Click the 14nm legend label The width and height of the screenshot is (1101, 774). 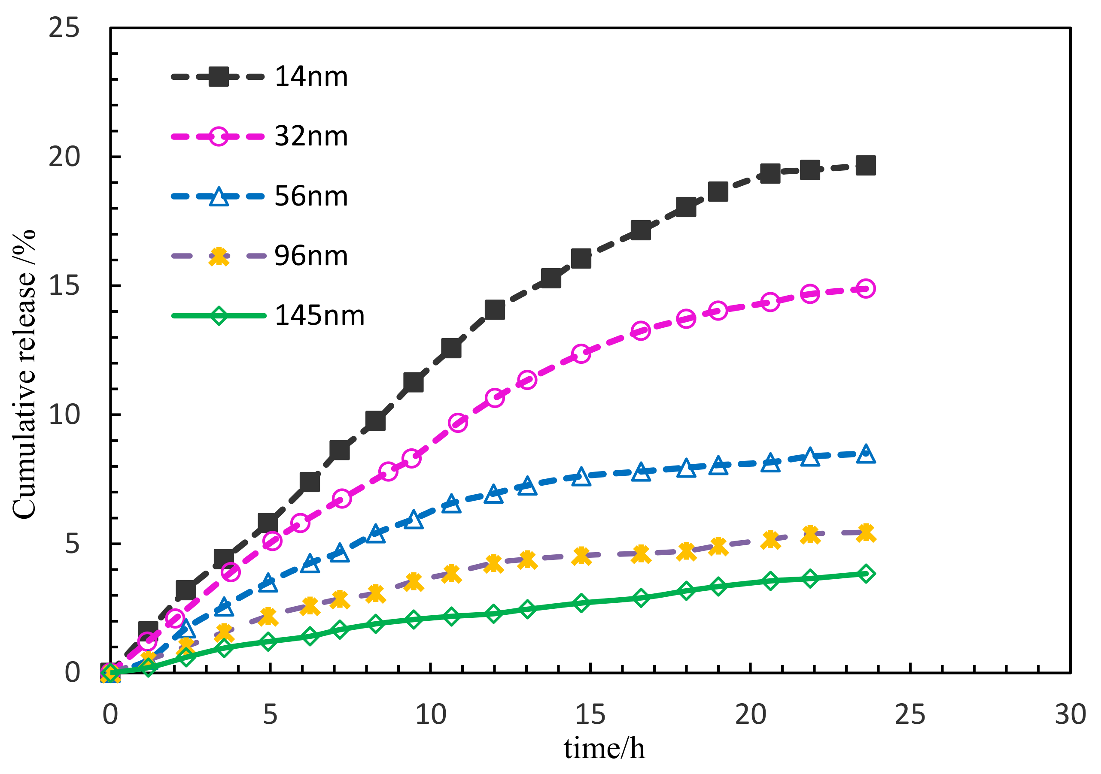tap(311, 77)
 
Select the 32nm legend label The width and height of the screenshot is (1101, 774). tap(311, 136)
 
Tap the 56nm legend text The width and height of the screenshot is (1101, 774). tap(311, 197)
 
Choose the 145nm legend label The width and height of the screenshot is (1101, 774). tap(319, 316)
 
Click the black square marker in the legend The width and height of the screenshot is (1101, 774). tap(219, 77)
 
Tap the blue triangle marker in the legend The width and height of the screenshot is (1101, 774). tap(219, 197)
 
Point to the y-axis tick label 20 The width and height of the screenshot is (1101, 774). tap(64, 157)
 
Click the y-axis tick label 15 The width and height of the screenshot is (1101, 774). tap(64, 286)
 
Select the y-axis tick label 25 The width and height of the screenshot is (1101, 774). tap(64, 28)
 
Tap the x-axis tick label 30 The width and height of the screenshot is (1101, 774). tap(1070, 714)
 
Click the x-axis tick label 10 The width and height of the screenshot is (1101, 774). tap(430, 714)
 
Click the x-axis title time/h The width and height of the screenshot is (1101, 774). tap(604, 749)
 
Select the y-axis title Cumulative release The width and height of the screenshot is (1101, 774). tap(24, 374)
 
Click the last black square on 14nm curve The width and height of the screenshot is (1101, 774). tap(866, 166)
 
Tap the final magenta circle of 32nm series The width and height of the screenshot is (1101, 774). tap(866, 288)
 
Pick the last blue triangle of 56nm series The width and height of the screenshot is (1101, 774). tap(866, 454)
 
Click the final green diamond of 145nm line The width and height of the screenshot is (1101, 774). tap(866, 574)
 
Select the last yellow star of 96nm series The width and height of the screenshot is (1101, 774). tap(866, 532)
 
